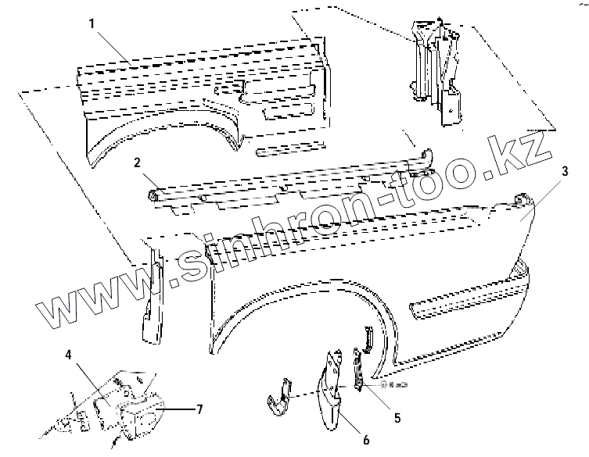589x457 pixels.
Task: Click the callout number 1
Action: (92, 24)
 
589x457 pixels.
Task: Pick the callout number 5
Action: (397, 418)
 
